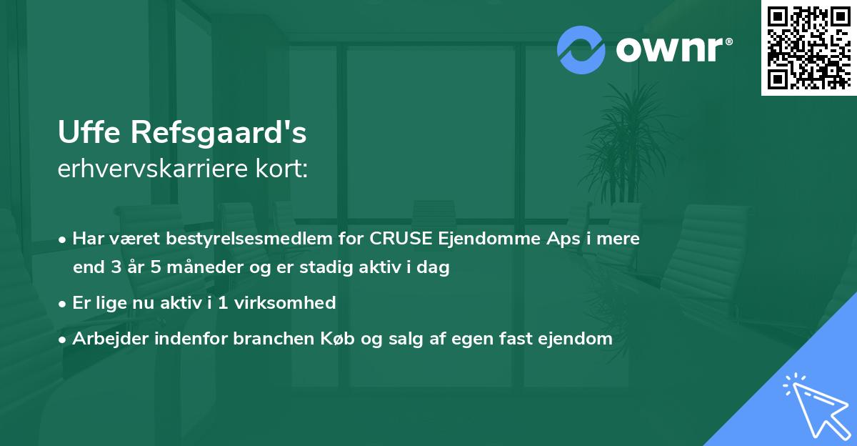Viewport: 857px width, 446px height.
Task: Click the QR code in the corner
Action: [x=808, y=47]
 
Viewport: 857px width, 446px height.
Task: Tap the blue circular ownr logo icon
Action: [x=581, y=49]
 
